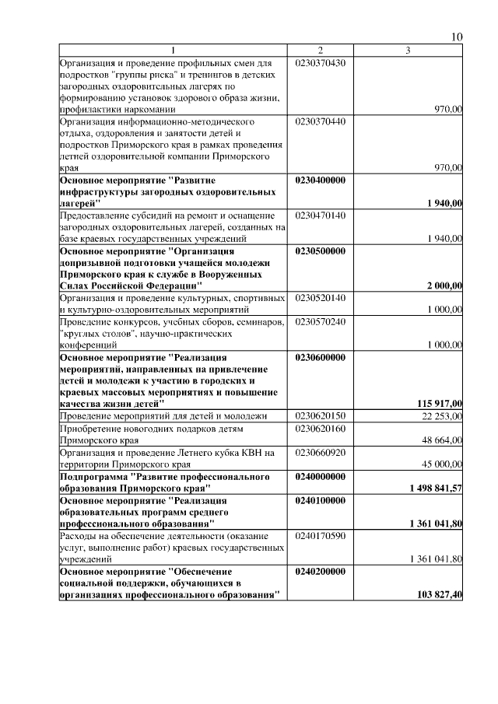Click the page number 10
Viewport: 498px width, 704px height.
click(457, 37)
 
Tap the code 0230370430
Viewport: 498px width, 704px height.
click(321, 62)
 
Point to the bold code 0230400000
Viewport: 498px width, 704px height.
click(321, 180)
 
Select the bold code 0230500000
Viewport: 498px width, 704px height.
click(321, 251)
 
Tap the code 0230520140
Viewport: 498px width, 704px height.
click(321, 298)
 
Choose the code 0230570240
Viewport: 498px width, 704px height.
click(321, 321)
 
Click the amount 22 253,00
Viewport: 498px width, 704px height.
click(442, 416)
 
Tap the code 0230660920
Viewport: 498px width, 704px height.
click(321, 452)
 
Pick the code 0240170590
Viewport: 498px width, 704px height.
click(321, 536)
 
